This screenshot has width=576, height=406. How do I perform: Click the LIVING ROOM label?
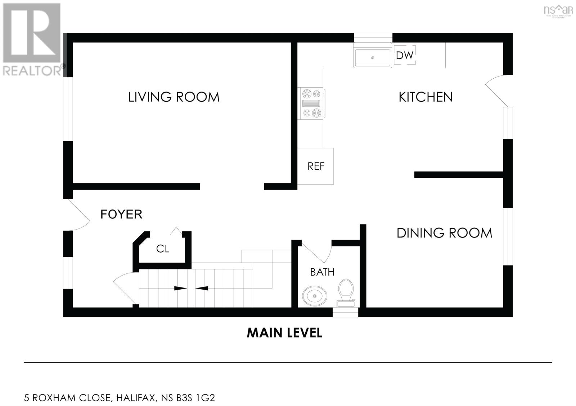coord(174,97)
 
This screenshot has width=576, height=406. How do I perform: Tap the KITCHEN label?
coord(425,97)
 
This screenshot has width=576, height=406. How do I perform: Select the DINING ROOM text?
coord(444,233)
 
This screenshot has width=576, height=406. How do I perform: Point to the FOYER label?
coord(121,214)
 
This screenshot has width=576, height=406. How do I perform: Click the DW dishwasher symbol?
coord(405,55)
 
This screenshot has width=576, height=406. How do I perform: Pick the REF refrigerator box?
coord(316,166)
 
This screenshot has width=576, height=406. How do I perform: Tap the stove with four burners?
coord(311,104)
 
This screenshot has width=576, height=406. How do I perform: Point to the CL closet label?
coord(162,249)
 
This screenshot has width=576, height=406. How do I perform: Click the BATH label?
coord(322,272)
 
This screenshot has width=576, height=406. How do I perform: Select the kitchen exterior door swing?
coord(497,90)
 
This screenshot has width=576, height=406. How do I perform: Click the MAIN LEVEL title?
coord(284,333)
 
